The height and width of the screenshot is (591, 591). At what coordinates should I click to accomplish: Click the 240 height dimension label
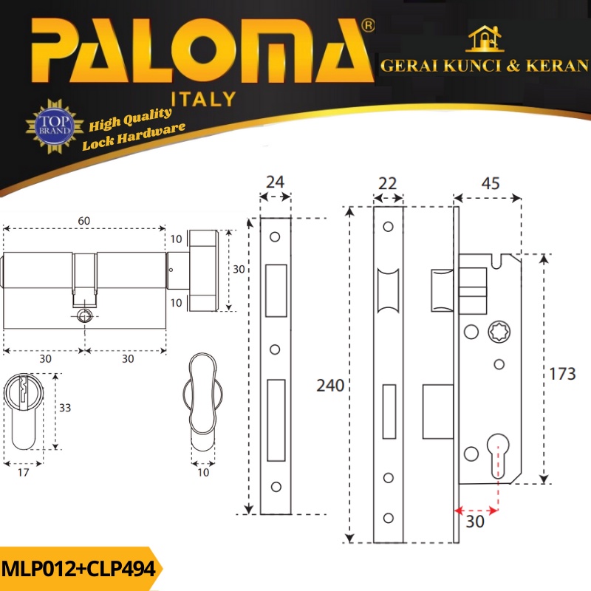330,386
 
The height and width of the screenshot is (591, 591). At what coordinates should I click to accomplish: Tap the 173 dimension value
562,374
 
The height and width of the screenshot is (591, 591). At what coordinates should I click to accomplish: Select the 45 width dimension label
491,183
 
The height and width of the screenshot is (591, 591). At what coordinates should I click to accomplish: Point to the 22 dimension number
387,183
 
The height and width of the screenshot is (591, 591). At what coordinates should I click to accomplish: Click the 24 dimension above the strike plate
275,182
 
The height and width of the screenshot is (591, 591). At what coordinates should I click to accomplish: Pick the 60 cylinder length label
83,221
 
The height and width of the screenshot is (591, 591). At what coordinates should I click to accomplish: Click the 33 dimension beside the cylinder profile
65,408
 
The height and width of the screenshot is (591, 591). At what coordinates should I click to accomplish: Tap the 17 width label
24,473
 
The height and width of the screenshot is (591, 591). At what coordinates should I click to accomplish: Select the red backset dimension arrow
476,511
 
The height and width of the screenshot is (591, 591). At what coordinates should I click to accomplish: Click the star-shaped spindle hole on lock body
499,332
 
